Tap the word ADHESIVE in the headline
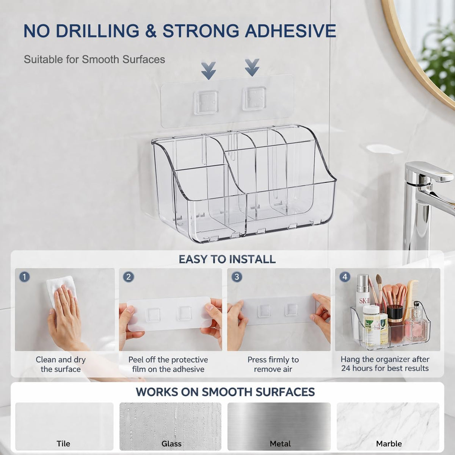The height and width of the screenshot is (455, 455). [290, 31]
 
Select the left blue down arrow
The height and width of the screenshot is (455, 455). [209, 71]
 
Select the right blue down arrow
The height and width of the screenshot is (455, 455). [252, 68]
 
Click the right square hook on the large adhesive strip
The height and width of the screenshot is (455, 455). [254, 99]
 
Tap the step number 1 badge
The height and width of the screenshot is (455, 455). [25, 277]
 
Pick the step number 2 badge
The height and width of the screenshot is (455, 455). [129, 277]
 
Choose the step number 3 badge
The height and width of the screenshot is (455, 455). [237, 277]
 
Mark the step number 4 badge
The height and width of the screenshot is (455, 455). [345, 277]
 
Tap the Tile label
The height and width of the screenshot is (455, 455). [63, 443]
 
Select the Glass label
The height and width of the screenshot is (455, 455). [171, 443]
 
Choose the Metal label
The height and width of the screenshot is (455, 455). [280, 443]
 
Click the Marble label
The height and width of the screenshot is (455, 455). [389, 443]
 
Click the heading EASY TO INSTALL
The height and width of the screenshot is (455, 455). [227, 259]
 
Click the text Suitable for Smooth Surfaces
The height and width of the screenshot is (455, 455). [94, 60]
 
